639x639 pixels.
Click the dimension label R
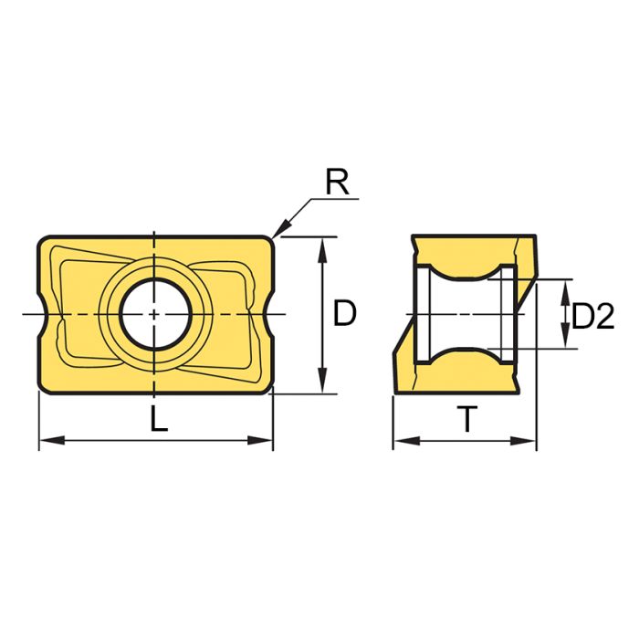tap(337, 183)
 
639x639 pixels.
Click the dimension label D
tap(344, 314)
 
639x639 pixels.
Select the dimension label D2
tap(592, 316)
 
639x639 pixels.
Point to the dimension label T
tap(466, 421)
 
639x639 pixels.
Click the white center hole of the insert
tap(155, 313)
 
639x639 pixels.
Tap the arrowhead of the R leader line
tap(278, 231)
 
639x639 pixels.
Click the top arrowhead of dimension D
tap(321, 245)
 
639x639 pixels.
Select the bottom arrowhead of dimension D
tap(321, 386)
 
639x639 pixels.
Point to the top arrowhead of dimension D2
tap(566, 288)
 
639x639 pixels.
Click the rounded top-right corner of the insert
tap(270, 240)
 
